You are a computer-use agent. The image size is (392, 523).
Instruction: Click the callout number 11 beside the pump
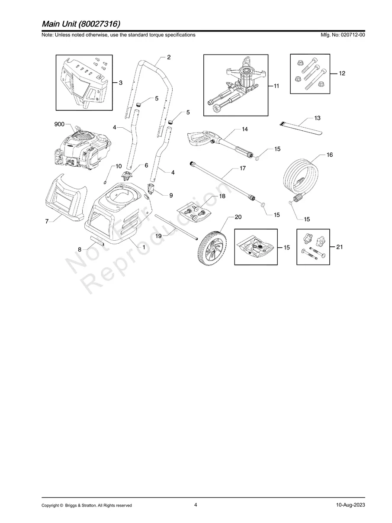point(276,87)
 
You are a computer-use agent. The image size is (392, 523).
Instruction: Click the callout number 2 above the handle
point(169,57)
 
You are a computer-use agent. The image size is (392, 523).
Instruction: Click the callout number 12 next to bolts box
point(342,74)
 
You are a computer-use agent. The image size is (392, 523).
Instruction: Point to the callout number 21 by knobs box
point(339,247)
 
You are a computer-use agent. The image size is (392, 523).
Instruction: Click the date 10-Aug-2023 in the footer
point(350,505)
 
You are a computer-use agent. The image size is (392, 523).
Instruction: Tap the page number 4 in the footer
point(196,505)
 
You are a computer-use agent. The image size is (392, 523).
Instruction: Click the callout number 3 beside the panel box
point(120,82)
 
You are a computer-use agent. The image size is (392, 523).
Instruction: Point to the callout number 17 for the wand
point(243,168)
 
